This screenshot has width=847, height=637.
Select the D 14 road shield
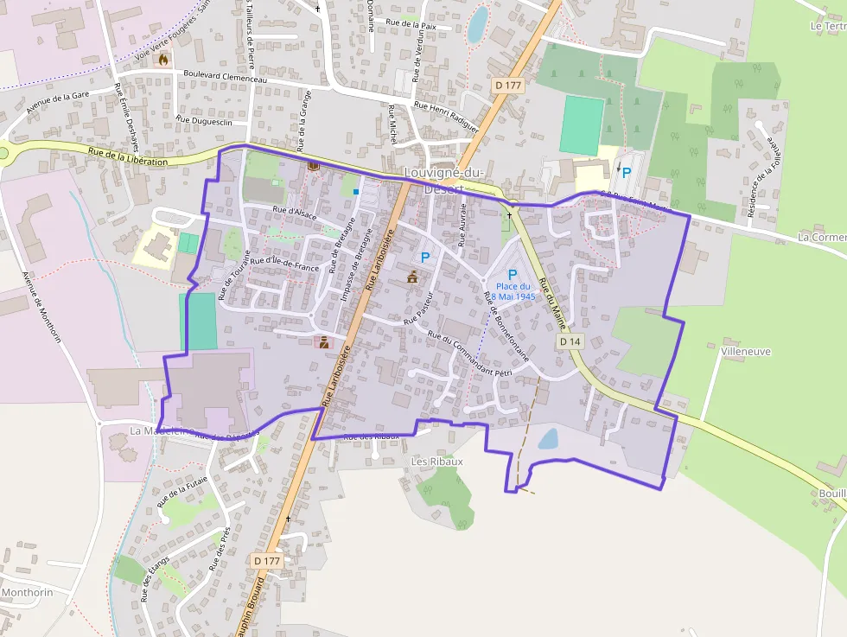tap(570, 341)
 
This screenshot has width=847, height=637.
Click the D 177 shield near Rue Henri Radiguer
tap(508, 85)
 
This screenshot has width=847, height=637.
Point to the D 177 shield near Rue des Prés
tap(268, 561)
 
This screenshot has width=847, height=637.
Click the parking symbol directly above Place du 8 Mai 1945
tap(513, 275)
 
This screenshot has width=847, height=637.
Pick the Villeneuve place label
tap(745, 352)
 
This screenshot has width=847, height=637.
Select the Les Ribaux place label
tap(436, 462)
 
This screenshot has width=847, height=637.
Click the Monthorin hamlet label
tap(28, 593)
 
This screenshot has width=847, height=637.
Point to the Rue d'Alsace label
tap(294, 212)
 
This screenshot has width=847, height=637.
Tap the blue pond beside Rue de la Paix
tap(477, 24)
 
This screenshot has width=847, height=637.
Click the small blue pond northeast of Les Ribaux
tap(548, 440)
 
